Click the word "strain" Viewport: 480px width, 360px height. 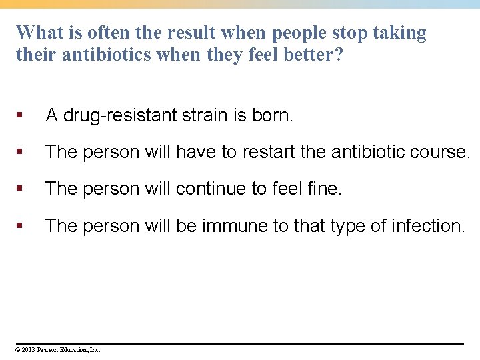point(205,115)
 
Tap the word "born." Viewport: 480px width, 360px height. point(272,115)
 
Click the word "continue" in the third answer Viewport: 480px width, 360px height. point(212,189)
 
